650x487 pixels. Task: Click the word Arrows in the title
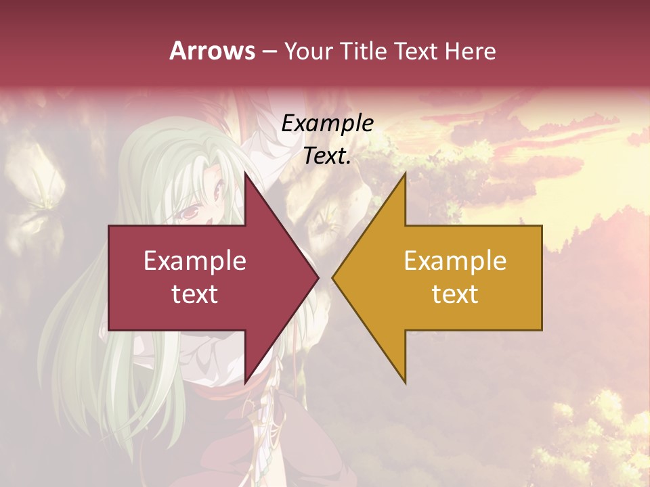(213, 51)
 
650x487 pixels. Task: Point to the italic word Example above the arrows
(327, 124)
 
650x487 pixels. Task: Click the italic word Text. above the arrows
(327, 156)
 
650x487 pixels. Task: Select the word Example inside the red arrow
(195, 261)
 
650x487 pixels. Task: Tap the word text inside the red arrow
(195, 294)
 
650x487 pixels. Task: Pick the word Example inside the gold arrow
(455, 261)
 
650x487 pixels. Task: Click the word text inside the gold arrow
(455, 294)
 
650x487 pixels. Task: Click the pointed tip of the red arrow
(318, 277)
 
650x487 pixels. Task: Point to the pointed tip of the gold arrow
(332, 277)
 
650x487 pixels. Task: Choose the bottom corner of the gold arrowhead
(405, 384)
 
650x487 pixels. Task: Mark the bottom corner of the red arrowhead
(246, 384)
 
